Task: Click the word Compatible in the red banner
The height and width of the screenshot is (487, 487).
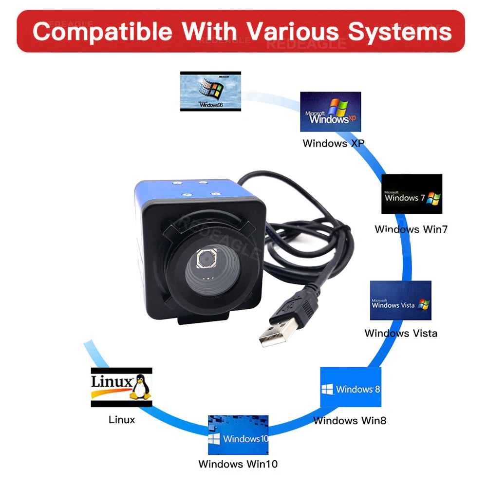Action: pyautogui.click(x=102, y=32)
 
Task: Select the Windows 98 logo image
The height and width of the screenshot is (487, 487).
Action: pyautogui.click(x=210, y=91)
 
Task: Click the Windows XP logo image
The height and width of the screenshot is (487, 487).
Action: pyautogui.click(x=330, y=112)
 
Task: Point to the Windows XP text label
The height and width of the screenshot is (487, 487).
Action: pyautogui.click(x=333, y=143)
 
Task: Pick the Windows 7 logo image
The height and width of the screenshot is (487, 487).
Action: pyautogui.click(x=412, y=194)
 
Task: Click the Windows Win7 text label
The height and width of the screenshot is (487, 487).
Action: pyautogui.click(x=411, y=229)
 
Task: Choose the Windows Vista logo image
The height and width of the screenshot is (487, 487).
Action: pyautogui.click(x=400, y=300)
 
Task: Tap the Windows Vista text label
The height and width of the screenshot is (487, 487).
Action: pyautogui.click(x=401, y=334)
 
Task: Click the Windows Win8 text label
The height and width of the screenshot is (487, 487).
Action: pyautogui.click(x=350, y=421)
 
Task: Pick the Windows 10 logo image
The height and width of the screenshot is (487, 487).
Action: pyautogui.click(x=238, y=435)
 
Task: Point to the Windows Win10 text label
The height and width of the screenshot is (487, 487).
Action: pyautogui.click(x=238, y=464)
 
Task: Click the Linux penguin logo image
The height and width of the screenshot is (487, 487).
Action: pyautogui.click(x=122, y=387)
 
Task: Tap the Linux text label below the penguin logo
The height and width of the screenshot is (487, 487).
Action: pyautogui.click(x=122, y=419)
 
